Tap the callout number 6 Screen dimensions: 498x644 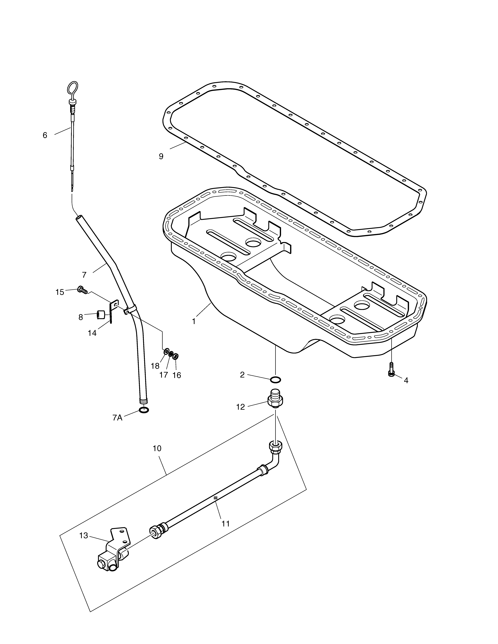click(45, 135)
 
